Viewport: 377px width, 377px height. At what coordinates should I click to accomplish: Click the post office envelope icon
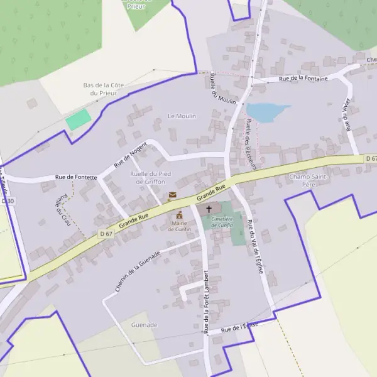tap(172, 197)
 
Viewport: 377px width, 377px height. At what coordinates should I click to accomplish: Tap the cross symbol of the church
tap(209, 208)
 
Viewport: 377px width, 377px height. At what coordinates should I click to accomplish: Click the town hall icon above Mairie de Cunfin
tap(179, 215)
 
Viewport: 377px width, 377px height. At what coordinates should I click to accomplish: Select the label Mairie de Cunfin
tap(179, 226)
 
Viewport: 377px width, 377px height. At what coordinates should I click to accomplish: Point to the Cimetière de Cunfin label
tap(222, 222)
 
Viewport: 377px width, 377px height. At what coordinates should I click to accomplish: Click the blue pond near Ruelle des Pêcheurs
tap(266, 112)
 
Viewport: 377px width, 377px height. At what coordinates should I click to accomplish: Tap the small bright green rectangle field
tap(78, 119)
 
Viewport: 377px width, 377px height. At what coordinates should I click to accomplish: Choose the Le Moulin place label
tap(182, 116)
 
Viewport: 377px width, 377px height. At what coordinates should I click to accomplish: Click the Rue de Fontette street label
tap(76, 177)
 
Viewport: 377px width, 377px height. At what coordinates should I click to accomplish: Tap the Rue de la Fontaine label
tap(303, 79)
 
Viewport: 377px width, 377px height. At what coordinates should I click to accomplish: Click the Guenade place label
tap(144, 325)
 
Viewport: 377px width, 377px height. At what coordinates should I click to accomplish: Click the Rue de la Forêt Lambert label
tap(206, 302)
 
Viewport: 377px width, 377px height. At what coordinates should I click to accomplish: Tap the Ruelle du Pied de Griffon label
tap(150, 177)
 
